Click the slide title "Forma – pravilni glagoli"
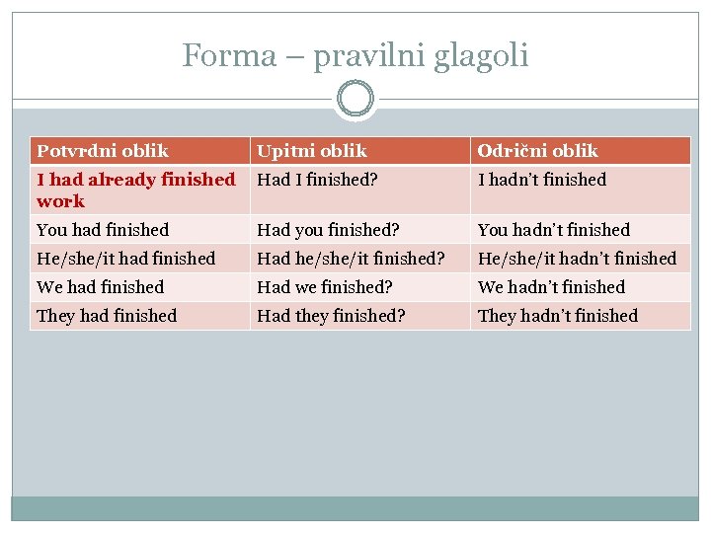point(355,55)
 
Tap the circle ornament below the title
point(355,100)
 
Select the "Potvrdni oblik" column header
point(103,151)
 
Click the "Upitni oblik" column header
point(312,151)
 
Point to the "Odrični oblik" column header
point(538,151)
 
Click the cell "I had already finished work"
point(136,190)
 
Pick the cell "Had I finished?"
point(319,180)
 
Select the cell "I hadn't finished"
point(542,180)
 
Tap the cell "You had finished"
point(103,230)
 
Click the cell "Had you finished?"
point(328,230)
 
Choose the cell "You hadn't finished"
point(554,230)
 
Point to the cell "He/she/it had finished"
point(125,259)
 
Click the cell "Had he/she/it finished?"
point(351,259)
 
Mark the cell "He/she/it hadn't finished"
point(577,259)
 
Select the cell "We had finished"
point(100,287)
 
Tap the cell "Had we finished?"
point(325,287)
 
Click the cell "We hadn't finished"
point(551,287)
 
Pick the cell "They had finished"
point(107,316)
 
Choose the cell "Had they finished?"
point(332,316)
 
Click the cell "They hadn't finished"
point(558,316)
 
